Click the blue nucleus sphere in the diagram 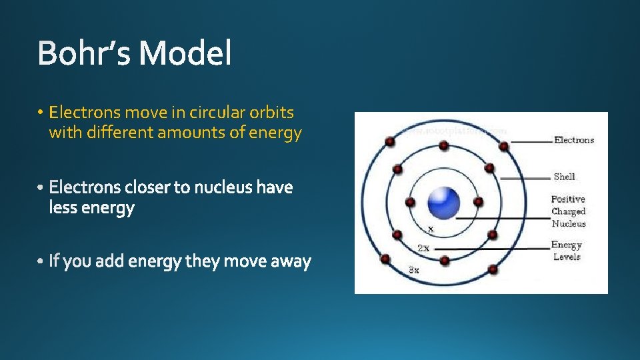point(443,202)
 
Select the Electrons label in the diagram point(573,140)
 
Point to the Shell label point(564,177)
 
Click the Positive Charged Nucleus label point(568,211)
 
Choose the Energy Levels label point(566,251)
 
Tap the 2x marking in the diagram point(423,248)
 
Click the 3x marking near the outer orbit point(414,270)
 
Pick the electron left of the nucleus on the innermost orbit point(410,202)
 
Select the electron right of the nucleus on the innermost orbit point(477,201)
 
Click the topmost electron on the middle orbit point(443,145)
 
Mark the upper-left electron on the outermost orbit point(390,142)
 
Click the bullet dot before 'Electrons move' point(41,113)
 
